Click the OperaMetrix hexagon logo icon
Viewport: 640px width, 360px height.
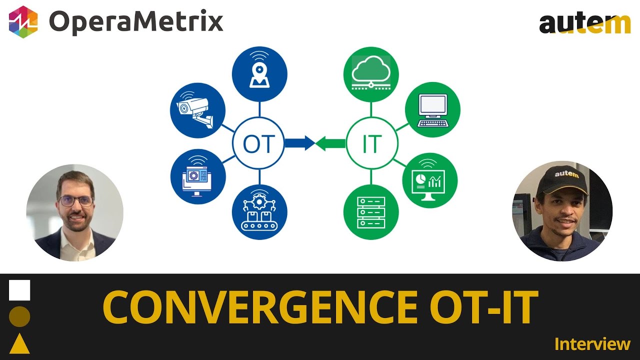pyautogui.click(x=23, y=22)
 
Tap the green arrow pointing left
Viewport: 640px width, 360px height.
pyautogui.click(x=330, y=143)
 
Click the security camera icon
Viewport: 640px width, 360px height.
pyautogui.click(x=197, y=110)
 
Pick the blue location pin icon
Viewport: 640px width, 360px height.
pyautogui.click(x=259, y=74)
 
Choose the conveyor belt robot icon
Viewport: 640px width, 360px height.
pyautogui.click(x=259, y=212)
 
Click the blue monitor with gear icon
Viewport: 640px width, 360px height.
pyautogui.click(x=198, y=176)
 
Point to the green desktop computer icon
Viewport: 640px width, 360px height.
pyautogui.click(x=432, y=109)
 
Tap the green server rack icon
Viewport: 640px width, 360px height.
pyautogui.click(x=371, y=212)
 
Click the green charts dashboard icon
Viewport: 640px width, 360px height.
pyautogui.click(x=430, y=180)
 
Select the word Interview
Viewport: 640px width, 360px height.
pyautogui.click(x=592, y=344)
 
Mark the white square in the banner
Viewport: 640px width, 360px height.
pyautogui.click(x=19, y=290)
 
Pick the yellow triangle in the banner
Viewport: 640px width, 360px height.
pyautogui.click(x=19, y=343)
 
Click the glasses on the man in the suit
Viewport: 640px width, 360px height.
pyautogui.click(x=76, y=201)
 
